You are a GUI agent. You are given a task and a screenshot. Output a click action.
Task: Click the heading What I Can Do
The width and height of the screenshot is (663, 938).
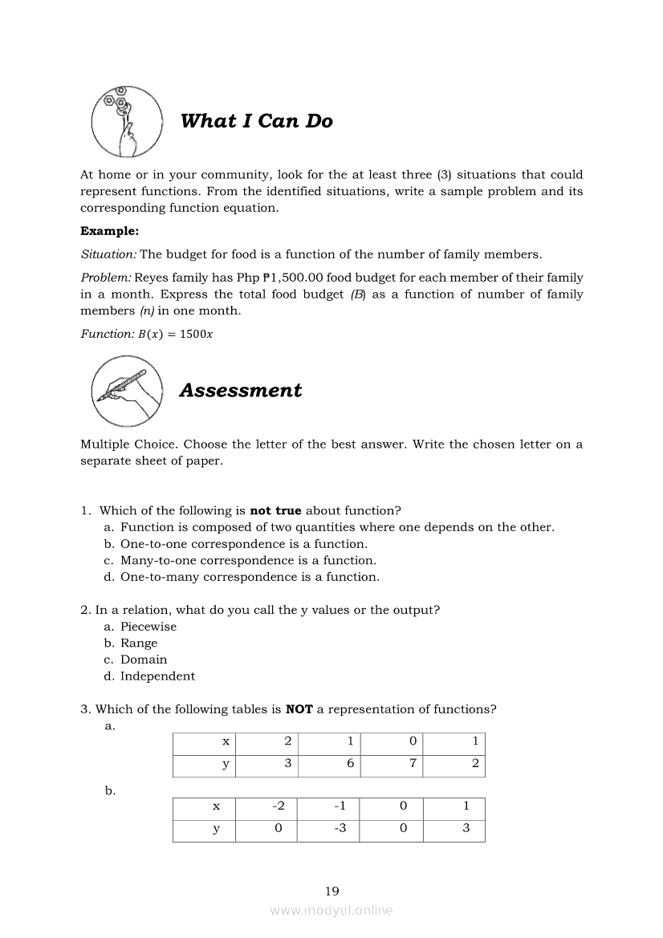coord(256,121)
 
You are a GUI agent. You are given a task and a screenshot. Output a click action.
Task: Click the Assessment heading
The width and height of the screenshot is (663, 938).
coord(240,391)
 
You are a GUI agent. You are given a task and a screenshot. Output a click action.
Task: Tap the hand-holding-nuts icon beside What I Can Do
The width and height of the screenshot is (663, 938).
coord(126,122)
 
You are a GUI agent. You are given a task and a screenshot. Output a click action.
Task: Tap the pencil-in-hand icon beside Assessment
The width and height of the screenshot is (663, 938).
coord(126,392)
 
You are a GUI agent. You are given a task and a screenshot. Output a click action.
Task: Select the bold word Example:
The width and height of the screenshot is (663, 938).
coord(109,231)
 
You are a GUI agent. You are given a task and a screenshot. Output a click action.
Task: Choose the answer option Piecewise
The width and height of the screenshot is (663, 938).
coord(148,627)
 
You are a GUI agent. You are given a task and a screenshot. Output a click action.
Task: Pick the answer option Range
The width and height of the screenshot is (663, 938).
coord(139,644)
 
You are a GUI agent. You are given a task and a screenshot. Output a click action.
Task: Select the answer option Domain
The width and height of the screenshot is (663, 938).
coord(144,660)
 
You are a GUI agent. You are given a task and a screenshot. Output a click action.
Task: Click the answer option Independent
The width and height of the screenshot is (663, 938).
coord(157,676)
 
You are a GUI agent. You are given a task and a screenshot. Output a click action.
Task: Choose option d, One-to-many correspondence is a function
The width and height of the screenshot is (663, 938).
coord(250,577)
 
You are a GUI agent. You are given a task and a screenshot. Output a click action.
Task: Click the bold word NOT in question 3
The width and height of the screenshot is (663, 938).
coord(299,709)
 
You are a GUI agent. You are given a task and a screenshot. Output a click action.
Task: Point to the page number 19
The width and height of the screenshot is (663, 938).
coord(332,891)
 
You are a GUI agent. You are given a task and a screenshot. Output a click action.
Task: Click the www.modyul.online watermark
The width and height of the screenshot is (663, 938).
coord(331,911)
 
